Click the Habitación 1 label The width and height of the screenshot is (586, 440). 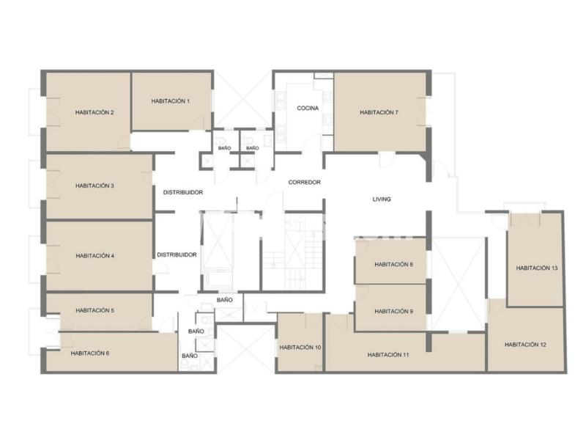coord(171,101)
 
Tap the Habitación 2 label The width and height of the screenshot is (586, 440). coord(94,112)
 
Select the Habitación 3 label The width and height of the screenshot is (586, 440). coord(94,186)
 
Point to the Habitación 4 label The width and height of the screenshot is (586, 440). coord(95,256)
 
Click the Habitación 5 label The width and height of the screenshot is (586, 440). coord(95,310)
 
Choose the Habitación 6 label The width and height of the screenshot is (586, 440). coord(90,353)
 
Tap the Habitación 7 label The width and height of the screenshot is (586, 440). coord(379,112)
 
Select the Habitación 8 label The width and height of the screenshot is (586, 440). coord(393,265)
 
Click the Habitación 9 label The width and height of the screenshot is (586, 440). coord(393,311)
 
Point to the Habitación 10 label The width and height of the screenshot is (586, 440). coord(300,348)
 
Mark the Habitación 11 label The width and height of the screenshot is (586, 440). coord(388,355)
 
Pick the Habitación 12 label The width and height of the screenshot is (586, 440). coord(525,345)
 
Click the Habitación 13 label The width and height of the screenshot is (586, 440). coord(537,268)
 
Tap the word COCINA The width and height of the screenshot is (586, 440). coord(308,108)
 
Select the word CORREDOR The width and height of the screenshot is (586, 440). coord(304,182)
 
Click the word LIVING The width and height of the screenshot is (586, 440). coord(382,199)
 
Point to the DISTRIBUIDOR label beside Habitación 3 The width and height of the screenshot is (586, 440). coord(183,192)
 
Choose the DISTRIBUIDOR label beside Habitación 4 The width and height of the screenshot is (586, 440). coord(177,254)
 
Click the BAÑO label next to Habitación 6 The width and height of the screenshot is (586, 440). coord(190,356)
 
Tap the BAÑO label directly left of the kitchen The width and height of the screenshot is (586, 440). coord(252,148)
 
